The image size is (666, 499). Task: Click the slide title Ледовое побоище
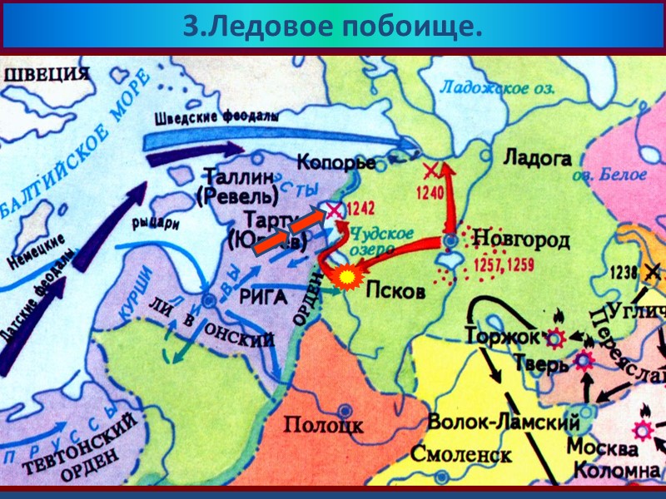pos(332,27)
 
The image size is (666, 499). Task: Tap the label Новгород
pos(521,240)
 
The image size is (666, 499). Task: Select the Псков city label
pos(396,292)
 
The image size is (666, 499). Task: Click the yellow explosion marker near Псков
pos(345,276)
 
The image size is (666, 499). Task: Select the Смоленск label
pos(460,455)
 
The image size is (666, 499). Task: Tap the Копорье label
pos(336,162)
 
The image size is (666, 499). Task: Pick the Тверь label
pos(541,363)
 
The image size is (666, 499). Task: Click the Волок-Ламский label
pos(503,422)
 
